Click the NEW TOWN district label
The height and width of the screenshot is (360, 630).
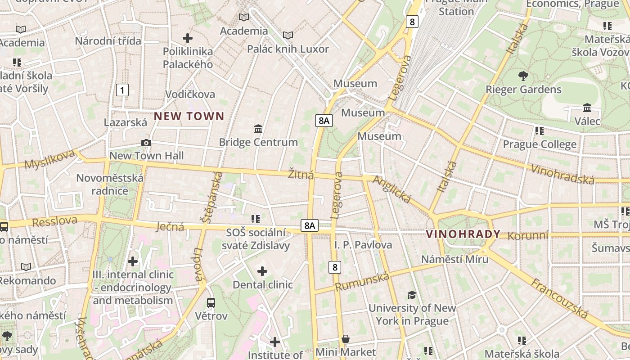point(189,116)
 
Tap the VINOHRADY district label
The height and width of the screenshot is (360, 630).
point(463,234)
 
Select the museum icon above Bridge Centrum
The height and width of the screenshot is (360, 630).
point(258,129)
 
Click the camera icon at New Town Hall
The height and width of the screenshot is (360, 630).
point(146,143)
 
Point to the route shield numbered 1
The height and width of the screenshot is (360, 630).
point(122,90)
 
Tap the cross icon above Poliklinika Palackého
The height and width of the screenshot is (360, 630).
point(188,38)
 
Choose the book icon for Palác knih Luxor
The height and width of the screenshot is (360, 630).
point(288,35)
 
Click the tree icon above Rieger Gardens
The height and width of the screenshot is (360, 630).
point(523,76)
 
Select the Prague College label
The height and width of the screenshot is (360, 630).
point(539,144)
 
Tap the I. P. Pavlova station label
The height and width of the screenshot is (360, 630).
point(363,245)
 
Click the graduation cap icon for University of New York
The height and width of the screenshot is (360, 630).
point(412,295)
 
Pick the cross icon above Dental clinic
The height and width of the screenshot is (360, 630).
point(262,271)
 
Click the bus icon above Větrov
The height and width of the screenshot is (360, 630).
point(211,302)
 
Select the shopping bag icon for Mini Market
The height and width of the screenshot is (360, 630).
point(346,339)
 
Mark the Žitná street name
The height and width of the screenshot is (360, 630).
point(301,175)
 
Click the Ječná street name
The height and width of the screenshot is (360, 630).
point(170,226)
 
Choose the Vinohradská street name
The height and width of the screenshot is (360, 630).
point(562,174)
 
